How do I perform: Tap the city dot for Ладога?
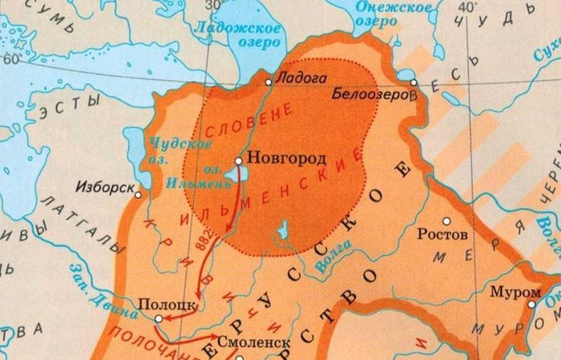[268, 82]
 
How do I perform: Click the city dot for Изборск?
[138, 194]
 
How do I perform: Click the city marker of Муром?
[531, 304]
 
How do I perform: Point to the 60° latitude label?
[11, 59]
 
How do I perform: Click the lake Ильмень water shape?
[233, 174]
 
